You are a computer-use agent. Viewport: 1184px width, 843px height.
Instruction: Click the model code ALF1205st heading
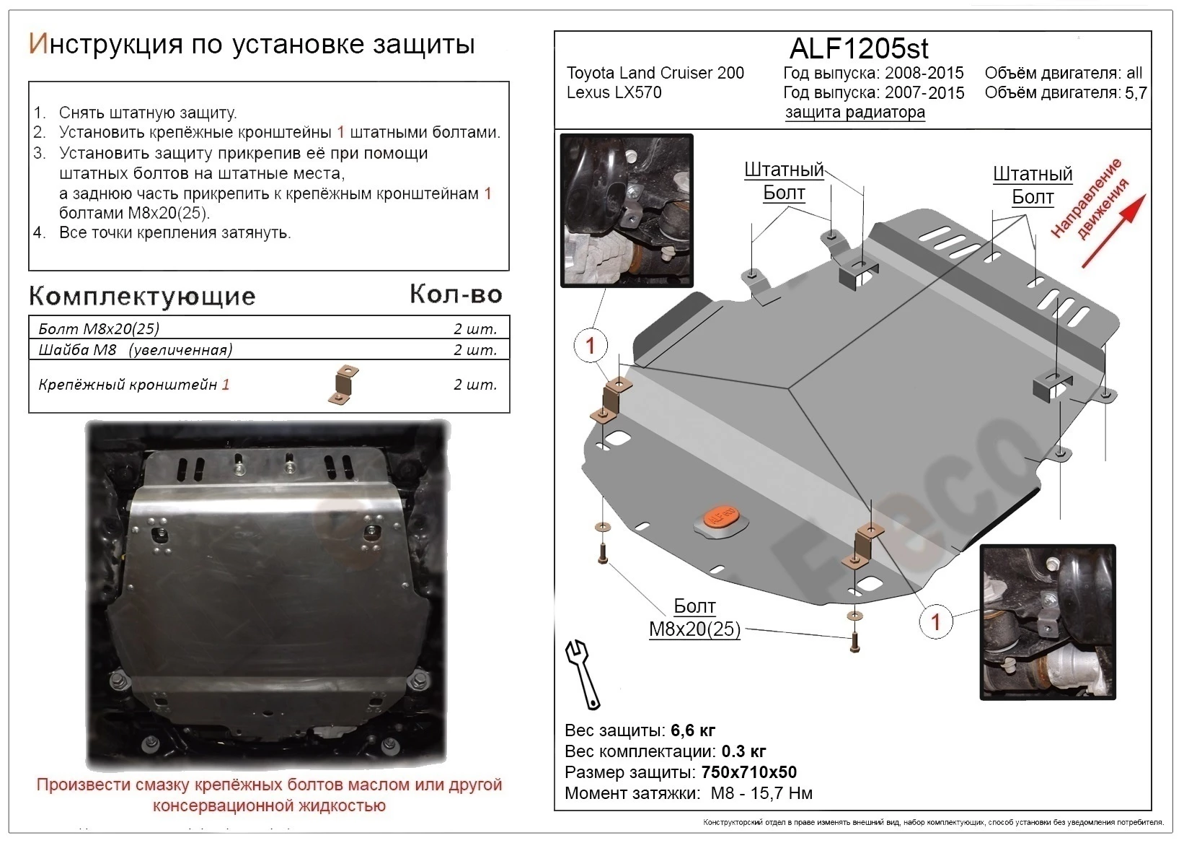tap(859, 48)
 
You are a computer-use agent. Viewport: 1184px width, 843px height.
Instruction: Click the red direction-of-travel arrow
tap(1113, 231)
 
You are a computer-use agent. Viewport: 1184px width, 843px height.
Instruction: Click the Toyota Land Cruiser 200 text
tap(655, 73)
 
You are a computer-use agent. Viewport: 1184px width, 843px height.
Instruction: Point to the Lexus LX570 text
tap(614, 93)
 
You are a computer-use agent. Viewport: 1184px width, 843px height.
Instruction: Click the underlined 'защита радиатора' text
tap(854, 113)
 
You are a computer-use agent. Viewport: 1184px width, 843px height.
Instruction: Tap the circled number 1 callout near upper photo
tap(591, 346)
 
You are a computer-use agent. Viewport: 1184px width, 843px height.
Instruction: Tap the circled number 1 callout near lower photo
tap(936, 621)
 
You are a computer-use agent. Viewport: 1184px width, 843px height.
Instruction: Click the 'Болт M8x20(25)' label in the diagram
tap(694, 618)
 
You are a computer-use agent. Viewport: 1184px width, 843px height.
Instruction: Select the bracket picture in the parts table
tap(345, 385)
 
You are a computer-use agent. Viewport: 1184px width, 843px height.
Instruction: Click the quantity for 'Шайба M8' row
tap(475, 350)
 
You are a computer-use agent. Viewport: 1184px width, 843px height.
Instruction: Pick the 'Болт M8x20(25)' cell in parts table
tap(99, 329)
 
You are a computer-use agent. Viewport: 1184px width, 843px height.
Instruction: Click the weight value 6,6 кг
tap(693, 730)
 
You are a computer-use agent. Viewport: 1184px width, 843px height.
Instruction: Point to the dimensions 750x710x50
tap(748, 772)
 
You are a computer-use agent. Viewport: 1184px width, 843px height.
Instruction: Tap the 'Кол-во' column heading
tap(456, 294)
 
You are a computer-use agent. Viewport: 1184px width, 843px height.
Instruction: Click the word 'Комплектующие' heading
tap(142, 296)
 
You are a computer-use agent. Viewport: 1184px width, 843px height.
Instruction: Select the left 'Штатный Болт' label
tap(784, 181)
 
